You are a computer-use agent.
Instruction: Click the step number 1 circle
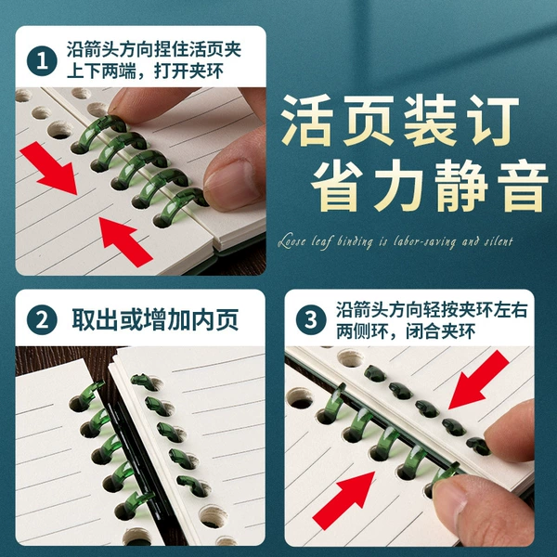click(42, 60)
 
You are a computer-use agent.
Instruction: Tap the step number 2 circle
click(42, 319)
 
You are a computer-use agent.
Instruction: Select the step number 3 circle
click(311, 319)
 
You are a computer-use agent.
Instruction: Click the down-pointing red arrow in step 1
click(50, 168)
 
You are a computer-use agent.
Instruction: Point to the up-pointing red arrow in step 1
click(125, 241)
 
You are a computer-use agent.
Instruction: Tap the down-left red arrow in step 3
click(478, 380)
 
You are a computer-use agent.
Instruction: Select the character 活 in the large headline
click(307, 121)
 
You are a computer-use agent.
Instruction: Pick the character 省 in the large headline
click(338, 187)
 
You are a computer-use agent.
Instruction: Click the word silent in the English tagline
click(499, 242)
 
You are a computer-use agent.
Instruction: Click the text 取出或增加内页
click(155, 319)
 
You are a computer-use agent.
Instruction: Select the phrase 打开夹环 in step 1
click(189, 71)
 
